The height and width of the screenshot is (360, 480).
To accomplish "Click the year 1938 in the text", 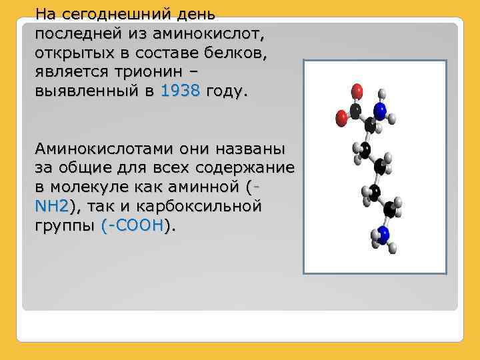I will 180,91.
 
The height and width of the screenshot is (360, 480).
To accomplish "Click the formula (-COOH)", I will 133,226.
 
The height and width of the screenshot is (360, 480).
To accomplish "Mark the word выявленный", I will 83,91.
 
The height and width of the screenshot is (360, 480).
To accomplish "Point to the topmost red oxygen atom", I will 357,89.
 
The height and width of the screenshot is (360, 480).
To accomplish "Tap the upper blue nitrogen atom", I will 380,111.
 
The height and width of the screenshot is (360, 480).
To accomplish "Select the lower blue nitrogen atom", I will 383,233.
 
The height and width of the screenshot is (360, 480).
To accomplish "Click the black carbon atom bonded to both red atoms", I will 357,110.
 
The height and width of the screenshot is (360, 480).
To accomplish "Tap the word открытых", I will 73,53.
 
